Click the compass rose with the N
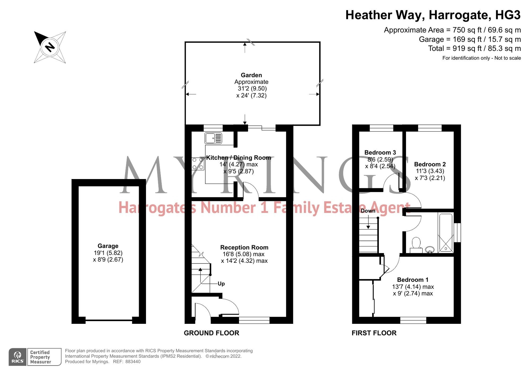pos(50,47)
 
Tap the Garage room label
pos(108,246)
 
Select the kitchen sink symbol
pos(213,138)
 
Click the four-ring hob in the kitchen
pos(198,164)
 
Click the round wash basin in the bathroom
pos(430,250)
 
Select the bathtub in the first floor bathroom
pos(446,233)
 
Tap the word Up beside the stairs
pos(221,284)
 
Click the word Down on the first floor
pos(368,211)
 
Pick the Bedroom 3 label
pos(380,152)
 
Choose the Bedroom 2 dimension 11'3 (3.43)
pos(430,171)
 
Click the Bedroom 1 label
pos(413,280)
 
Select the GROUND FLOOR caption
pos(211,333)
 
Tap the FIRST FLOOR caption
pos(374,333)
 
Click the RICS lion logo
pos(17,357)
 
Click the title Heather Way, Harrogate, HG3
pos(433,15)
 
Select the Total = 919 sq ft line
pos(474,49)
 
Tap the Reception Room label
pos(244,247)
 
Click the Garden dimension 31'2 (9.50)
pos(252,89)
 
